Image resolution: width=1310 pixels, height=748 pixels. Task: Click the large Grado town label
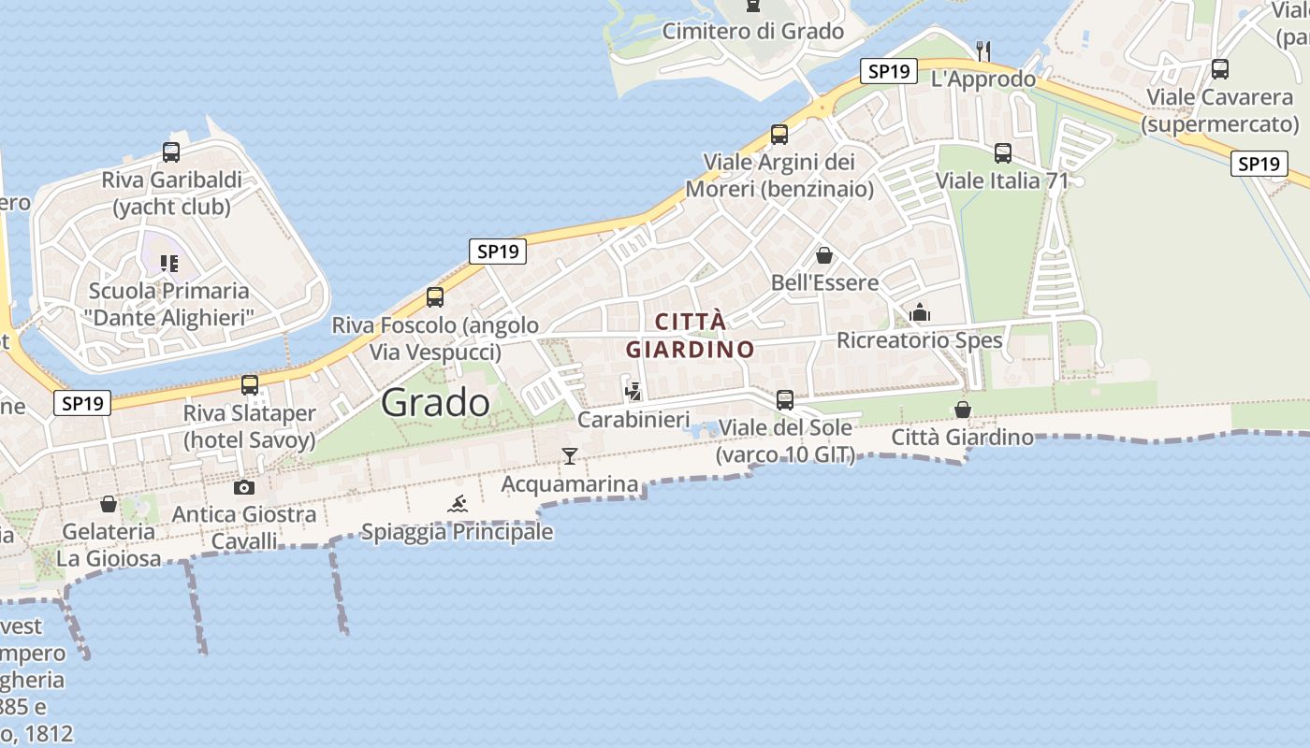435,403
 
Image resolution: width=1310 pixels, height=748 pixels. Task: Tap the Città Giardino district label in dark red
691,336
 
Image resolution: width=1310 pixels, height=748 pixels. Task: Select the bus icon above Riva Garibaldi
171,151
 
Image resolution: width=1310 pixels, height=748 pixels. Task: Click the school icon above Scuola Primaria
168,264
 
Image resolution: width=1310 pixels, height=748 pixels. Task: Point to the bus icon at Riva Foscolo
435,297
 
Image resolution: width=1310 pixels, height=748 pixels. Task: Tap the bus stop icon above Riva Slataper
250,384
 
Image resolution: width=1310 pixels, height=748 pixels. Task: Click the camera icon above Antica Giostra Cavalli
244,487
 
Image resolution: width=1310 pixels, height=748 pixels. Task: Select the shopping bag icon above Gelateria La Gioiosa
109,504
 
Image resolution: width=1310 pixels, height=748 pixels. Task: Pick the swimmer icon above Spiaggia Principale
458,505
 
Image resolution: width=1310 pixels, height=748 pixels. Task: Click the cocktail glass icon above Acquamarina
569,456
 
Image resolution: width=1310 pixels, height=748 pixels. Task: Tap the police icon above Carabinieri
633,391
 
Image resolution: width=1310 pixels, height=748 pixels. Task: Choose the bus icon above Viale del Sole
785,399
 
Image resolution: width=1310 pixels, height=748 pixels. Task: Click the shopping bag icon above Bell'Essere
824,254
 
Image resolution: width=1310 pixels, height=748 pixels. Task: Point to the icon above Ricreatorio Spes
920,312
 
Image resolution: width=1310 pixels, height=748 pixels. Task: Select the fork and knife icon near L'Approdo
982,50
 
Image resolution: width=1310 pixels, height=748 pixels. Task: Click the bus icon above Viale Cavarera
1220,68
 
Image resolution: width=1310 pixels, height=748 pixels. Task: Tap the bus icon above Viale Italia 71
1003,152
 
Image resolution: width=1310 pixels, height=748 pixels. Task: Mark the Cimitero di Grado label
753,31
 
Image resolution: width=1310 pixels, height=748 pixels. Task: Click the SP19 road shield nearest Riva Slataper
83,403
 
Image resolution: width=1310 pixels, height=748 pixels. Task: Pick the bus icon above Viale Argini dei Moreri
779,134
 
